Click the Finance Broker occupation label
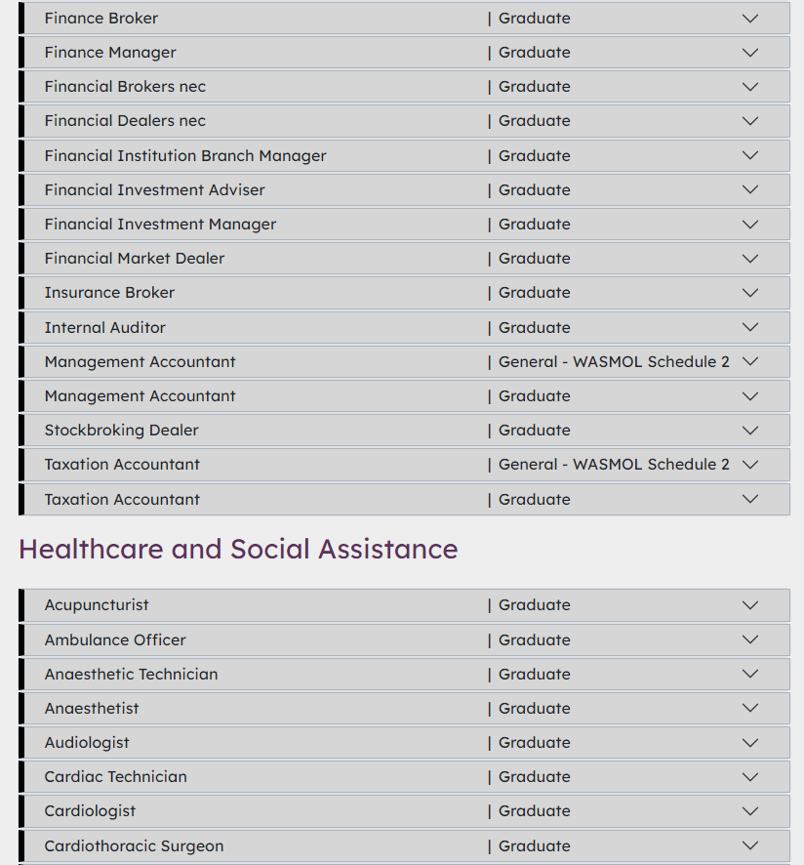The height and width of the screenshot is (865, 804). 100,19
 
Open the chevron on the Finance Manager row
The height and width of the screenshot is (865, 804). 749,53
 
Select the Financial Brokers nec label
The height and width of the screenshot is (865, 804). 125,87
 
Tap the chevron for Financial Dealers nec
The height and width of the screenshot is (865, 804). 749,121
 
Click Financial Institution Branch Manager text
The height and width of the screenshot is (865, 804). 185,156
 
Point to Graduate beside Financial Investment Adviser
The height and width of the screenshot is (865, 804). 534,190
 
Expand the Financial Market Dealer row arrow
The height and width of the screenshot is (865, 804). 749,259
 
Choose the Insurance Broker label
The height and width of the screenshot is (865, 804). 109,293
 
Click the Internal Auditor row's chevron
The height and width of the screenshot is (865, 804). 749,327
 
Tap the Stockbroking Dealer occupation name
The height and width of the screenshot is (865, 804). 121,431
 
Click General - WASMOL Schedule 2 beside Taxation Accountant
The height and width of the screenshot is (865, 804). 614,465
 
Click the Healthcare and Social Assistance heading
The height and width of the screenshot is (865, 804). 238,550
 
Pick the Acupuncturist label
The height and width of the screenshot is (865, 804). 97,605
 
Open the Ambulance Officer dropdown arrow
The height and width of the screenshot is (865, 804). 749,639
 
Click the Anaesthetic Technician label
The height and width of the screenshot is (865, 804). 131,675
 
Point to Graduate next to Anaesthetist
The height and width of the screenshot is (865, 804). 534,709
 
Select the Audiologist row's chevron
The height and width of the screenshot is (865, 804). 749,743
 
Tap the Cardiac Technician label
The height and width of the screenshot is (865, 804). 115,777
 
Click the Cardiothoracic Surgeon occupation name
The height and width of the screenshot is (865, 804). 134,846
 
